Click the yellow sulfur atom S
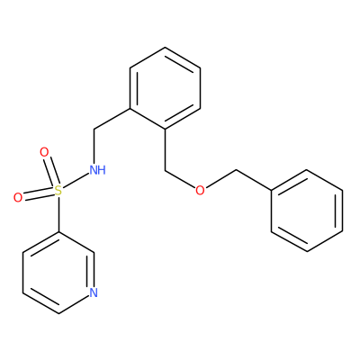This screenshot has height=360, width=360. [58, 191]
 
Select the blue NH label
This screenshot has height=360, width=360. [98, 170]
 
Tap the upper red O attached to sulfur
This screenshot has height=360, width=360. [44, 152]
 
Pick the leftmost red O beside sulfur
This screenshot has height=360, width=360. [18, 198]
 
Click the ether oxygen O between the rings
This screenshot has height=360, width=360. [200, 190]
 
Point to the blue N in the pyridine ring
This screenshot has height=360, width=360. [94, 292]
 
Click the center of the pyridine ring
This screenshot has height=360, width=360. [58, 273]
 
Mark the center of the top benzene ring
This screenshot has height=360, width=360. [165, 88]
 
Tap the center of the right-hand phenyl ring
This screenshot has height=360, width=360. [307, 211]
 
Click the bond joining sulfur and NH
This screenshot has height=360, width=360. [76, 182]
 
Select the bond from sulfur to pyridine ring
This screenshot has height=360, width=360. [58, 214]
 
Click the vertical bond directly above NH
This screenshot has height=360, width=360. [94, 147]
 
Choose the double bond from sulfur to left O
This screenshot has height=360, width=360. [39, 194]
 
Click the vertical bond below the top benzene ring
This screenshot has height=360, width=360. [165, 150]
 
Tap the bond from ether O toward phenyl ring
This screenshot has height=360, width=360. [220, 179]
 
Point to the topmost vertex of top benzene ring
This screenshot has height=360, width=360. [165, 47]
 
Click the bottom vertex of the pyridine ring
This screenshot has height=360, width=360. [58, 314]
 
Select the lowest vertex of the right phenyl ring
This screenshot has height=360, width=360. [307, 252]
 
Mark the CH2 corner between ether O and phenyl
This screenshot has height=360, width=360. [237, 170]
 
